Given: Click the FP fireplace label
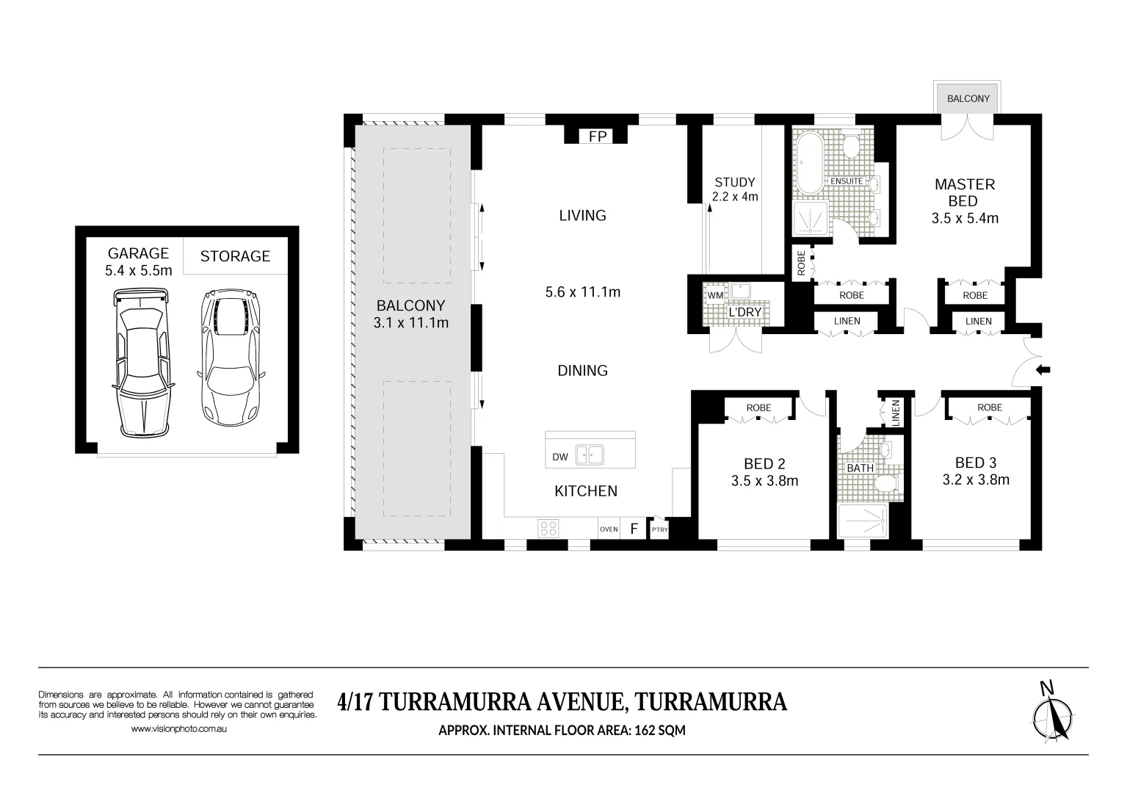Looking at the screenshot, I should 597,137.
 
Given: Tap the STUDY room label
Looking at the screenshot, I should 734,182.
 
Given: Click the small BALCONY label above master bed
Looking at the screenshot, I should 968,98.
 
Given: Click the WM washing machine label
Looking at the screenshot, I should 714,295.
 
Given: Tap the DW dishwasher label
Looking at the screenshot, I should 560,457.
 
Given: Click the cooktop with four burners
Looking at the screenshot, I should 548,527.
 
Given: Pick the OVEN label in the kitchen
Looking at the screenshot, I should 609,529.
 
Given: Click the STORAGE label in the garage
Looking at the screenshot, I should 235,256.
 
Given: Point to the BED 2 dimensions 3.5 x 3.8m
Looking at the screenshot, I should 764,482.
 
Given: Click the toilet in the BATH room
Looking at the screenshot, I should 886,482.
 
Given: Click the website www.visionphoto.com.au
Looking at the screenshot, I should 179,729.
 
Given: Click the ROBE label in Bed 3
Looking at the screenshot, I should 989,408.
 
